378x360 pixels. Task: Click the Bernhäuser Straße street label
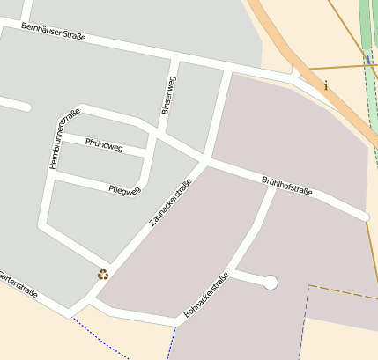54,33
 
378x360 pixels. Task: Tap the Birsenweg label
168,95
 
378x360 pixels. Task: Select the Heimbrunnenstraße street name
64,138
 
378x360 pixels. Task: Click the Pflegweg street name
124,189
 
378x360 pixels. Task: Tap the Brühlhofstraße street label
287,193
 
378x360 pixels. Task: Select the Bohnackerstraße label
206,295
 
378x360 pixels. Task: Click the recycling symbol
103,275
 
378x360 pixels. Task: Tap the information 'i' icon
326,85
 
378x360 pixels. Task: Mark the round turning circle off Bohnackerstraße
271,282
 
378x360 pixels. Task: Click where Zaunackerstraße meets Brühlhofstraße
204,161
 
